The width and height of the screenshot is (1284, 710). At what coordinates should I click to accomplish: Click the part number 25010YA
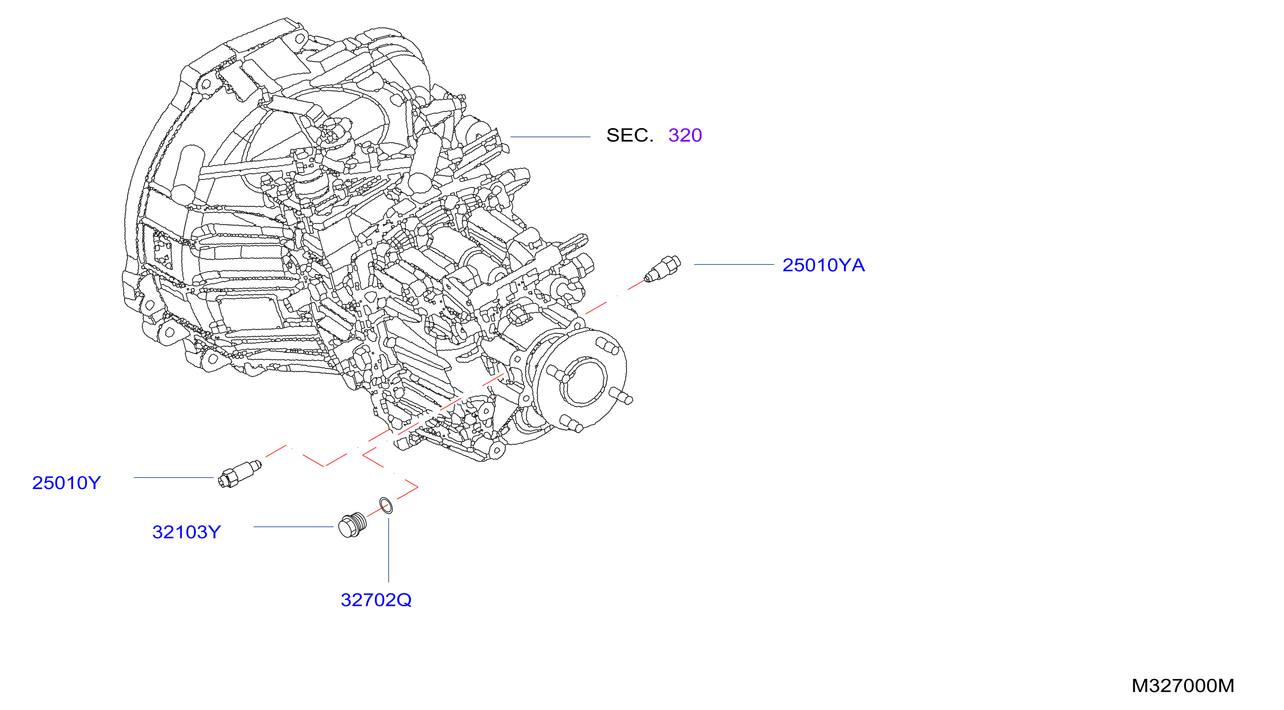pyautogui.click(x=824, y=265)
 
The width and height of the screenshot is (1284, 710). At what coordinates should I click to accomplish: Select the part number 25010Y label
pyautogui.click(x=67, y=483)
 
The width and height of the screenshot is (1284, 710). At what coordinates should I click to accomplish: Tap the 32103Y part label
pyautogui.click(x=187, y=532)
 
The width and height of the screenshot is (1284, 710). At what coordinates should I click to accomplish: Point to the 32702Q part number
pyautogui.click(x=376, y=600)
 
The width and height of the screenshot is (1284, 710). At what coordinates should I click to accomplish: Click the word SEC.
pyautogui.click(x=629, y=135)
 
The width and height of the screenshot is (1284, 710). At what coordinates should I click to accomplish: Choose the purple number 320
pyautogui.click(x=685, y=135)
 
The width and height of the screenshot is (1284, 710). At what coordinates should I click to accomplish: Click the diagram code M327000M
pyautogui.click(x=1183, y=686)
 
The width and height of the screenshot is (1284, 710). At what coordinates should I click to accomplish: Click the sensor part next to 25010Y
pyautogui.click(x=239, y=474)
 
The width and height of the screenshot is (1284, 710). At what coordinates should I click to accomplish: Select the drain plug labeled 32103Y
pyautogui.click(x=352, y=525)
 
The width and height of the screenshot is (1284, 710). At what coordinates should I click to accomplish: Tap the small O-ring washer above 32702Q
pyautogui.click(x=386, y=505)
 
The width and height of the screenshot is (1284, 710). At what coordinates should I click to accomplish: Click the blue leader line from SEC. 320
pyautogui.click(x=550, y=136)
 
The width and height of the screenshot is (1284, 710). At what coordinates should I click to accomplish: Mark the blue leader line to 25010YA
pyautogui.click(x=734, y=265)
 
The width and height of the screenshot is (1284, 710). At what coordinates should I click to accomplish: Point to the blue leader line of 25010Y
pyautogui.click(x=173, y=477)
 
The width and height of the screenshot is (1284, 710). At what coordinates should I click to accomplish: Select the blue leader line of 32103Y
pyautogui.click(x=293, y=527)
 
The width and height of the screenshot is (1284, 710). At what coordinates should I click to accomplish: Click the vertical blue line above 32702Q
pyautogui.click(x=389, y=550)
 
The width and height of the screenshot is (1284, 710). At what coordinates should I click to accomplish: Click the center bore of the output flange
pyautogui.click(x=584, y=381)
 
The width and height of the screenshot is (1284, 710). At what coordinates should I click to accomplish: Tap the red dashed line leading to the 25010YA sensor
pyautogui.click(x=615, y=298)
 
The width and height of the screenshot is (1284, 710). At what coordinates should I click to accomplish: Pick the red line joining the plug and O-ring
pyautogui.click(x=378, y=510)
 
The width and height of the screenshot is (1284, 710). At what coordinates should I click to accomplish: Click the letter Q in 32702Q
pyautogui.click(x=404, y=600)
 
